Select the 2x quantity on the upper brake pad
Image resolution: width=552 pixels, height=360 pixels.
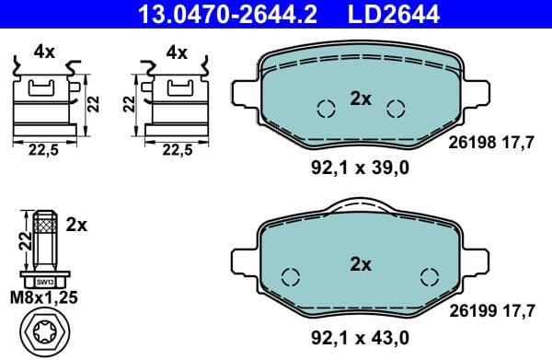(360, 99)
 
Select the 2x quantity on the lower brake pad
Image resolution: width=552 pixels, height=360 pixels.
(360, 264)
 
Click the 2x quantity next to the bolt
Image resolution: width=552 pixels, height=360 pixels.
(76, 224)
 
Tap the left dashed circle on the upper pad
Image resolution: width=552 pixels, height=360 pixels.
(325, 110)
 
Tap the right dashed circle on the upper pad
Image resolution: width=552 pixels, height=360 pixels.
(396, 110)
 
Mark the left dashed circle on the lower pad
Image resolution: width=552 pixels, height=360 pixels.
(291, 276)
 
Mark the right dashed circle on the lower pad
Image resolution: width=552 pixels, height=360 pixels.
(429, 276)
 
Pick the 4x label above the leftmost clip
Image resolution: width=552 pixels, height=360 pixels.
(44, 52)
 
